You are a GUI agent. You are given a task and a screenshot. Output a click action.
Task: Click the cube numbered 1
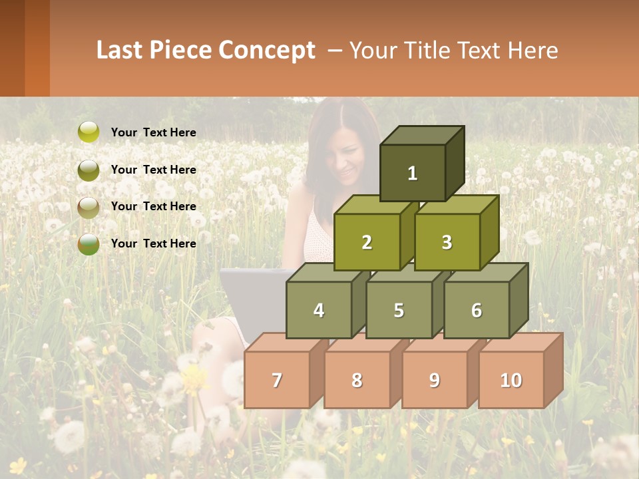click(413, 173)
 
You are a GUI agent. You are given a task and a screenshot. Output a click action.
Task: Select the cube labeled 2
click(367, 242)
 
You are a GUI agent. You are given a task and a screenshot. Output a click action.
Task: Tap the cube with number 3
click(447, 242)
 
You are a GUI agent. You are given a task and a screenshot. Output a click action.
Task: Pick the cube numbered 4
click(319, 310)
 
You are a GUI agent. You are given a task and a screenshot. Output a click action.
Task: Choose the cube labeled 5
click(398, 310)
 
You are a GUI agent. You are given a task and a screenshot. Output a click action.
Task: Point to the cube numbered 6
click(477, 310)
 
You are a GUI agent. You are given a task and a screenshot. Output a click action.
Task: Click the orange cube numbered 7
click(277, 380)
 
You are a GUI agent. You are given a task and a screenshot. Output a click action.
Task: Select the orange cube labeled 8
click(357, 380)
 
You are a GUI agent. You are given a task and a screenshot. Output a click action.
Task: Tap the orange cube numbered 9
click(434, 380)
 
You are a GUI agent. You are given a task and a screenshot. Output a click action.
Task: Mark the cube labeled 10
click(511, 380)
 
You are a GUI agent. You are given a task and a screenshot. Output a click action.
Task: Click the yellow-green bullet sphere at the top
click(88, 132)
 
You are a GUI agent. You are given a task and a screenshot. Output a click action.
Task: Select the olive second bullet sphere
click(88, 170)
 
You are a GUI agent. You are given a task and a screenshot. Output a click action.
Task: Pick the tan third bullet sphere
click(88, 207)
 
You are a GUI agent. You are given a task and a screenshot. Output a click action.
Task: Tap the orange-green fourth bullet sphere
click(88, 244)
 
